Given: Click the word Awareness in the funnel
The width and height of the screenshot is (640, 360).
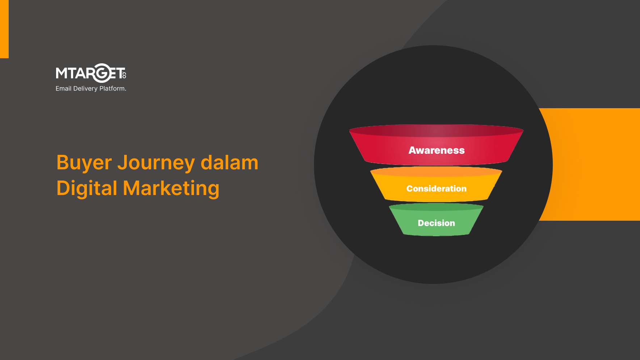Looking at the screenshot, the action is click(437, 150).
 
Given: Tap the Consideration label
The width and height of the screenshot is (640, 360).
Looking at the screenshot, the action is click(437, 189).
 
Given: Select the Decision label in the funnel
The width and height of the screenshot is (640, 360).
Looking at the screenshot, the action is click(437, 223).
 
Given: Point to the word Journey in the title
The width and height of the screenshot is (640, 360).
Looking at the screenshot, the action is click(156, 163).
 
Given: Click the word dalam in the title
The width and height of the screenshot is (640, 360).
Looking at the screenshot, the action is click(230, 162).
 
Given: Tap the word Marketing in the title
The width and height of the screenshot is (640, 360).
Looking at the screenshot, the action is click(171, 189).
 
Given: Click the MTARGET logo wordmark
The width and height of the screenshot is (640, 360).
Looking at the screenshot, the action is click(91, 73).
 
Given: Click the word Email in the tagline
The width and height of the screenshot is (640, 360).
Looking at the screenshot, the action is click(63, 88).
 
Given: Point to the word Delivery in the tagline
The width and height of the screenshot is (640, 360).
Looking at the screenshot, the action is click(85, 89).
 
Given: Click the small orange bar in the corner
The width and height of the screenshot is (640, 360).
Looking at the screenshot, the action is click(4, 29).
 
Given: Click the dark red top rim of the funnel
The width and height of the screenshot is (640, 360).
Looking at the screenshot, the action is click(436, 131).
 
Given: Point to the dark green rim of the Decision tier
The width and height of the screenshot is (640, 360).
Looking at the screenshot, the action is click(436, 207).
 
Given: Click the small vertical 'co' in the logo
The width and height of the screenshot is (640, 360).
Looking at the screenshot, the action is click(124, 74).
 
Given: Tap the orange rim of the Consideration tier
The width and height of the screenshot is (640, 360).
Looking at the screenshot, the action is click(436, 171).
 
